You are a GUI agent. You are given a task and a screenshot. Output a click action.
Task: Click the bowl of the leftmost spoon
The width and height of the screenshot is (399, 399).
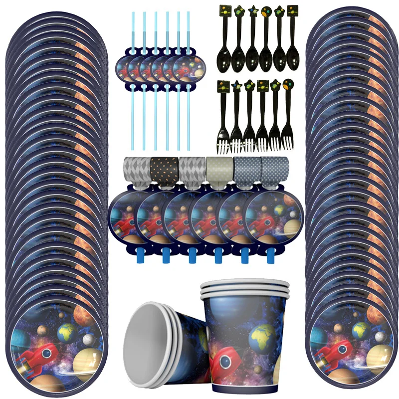coord(223,59)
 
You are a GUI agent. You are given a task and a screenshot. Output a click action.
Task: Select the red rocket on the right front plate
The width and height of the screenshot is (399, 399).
coord(335,352)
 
